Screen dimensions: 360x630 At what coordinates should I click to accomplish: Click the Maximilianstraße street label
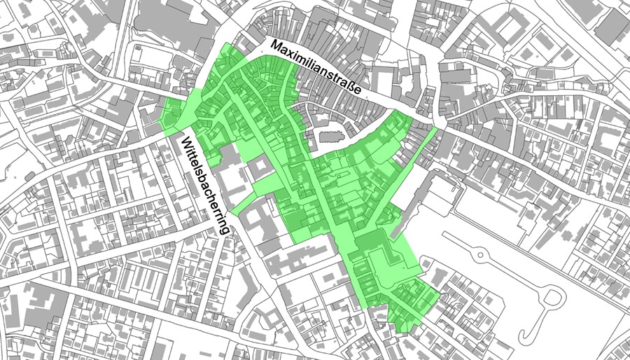(x=316, y=69)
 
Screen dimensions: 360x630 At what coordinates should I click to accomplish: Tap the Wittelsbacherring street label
(x=205, y=184)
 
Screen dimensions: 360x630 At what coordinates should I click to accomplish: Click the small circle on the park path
(x=480, y=251)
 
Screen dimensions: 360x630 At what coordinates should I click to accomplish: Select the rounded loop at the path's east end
(x=554, y=298)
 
